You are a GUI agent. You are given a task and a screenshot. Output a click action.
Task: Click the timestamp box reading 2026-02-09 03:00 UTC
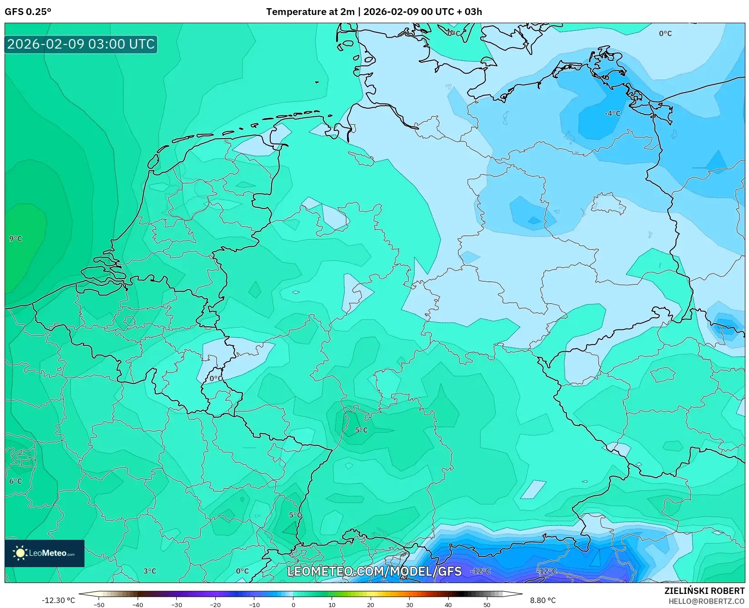81,44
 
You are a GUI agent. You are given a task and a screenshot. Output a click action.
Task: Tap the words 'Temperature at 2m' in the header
310,12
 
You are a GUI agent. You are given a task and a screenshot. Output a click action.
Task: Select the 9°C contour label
15,239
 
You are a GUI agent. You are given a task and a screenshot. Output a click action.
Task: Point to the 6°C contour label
15,481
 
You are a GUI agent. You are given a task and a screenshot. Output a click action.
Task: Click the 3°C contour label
149,571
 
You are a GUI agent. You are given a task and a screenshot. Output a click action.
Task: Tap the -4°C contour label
612,113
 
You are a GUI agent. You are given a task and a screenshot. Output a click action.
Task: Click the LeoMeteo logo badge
45,553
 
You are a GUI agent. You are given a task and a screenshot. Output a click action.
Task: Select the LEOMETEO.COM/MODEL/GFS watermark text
374,571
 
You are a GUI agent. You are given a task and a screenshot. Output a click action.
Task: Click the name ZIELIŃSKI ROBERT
704,591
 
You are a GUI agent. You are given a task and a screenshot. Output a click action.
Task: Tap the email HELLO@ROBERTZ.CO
706,601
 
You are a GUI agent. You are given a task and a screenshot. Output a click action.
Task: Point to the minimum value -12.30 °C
58,600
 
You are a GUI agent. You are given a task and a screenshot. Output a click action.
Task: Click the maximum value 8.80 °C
543,600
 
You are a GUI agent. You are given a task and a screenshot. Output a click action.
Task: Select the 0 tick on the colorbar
293,605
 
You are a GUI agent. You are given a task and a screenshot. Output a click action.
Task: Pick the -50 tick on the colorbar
99,605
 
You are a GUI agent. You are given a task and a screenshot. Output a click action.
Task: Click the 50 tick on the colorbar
487,605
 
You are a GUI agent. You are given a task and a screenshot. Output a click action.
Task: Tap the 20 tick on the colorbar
371,605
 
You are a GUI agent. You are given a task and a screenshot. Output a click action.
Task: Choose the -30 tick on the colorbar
176,605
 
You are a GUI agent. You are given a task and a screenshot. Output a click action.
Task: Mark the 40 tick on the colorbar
448,605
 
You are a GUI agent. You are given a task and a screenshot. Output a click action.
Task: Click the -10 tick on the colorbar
254,605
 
